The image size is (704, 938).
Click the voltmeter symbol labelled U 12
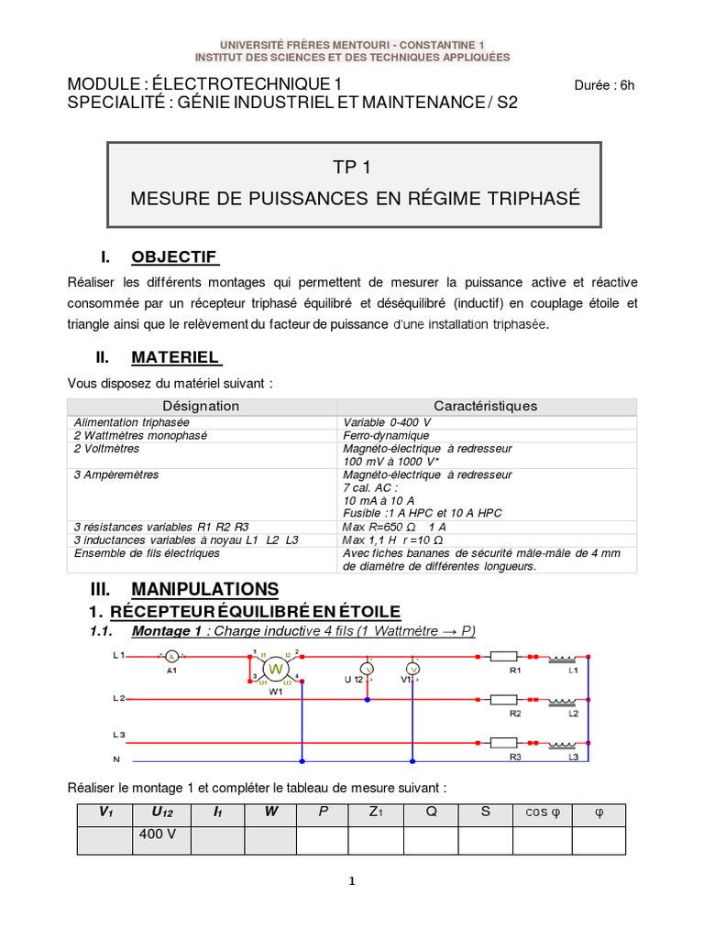(x=368, y=670)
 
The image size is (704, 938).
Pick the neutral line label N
(x=115, y=760)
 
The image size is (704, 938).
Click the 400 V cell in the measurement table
(x=159, y=835)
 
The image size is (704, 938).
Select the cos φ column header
(x=548, y=813)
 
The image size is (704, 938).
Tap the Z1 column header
(x=375, y=813)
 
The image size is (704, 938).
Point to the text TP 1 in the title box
(x=354, y=168)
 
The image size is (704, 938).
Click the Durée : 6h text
(x=604, y=86)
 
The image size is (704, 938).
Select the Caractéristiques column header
(x=485, y=406)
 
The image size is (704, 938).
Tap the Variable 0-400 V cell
(x=386, y=422)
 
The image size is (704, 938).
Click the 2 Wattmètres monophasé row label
(x=141, y=436)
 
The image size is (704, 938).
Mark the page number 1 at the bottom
(x=351, y=882)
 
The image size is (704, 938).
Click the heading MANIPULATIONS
(x=204, y=588)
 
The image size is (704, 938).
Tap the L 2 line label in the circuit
(x=118, y=699)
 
